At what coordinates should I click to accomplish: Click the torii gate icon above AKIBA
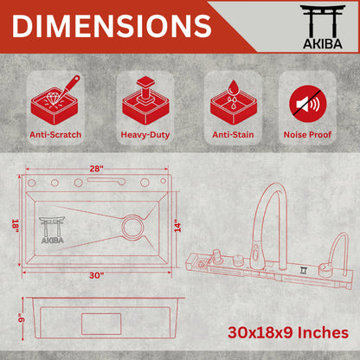[320, 19]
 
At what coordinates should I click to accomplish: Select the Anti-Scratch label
[55, 134]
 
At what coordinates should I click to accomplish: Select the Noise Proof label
[307, 134]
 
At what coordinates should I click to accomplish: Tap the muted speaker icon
[307, 102]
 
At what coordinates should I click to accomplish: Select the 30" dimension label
[95, 274]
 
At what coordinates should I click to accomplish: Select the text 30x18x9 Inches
[288, 331]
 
